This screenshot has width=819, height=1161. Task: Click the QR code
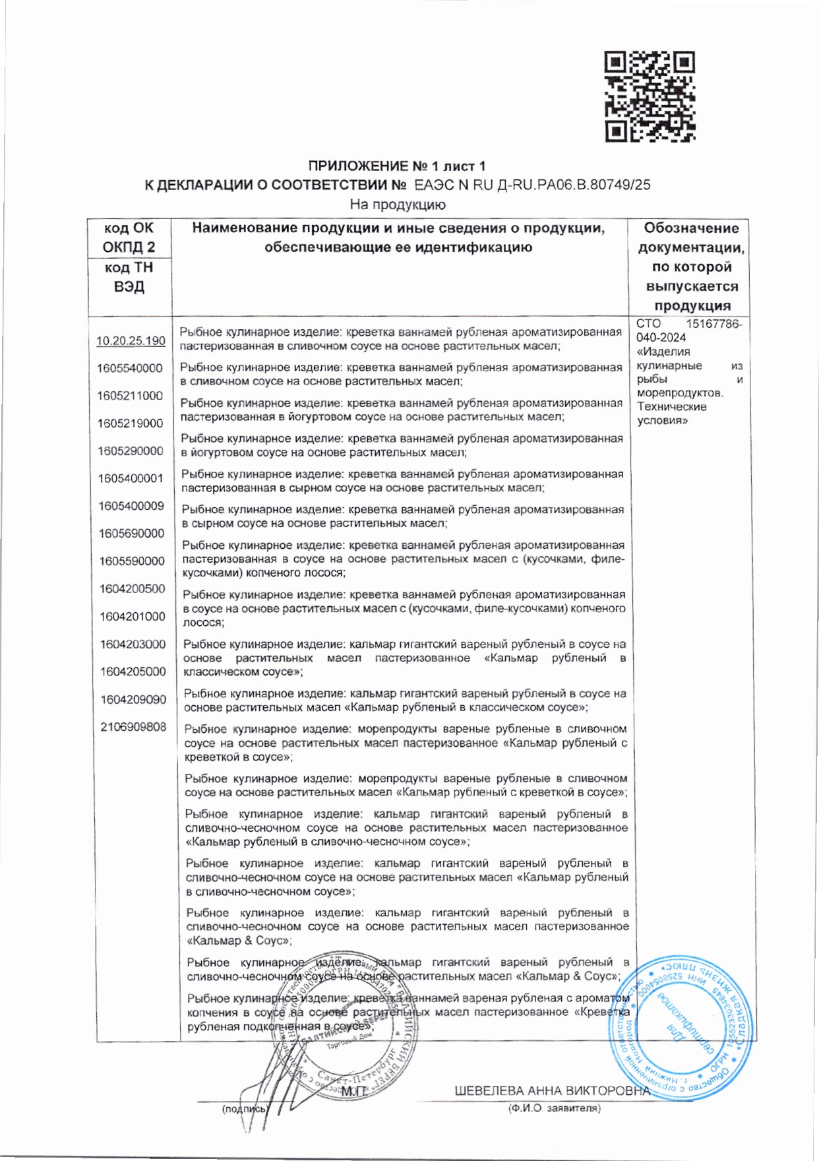click(x=650, y=96)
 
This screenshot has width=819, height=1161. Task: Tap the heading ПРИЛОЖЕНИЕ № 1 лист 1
click(x=397, y=166)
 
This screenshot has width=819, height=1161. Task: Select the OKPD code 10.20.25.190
click(x=131, y=341)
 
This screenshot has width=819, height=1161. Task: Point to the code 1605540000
click(x=129, y=368)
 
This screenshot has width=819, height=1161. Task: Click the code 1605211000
click(x=130, y=396)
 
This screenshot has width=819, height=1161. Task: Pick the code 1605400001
click(x=131, y=478)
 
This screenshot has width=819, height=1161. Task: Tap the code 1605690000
click(x=131, y=534)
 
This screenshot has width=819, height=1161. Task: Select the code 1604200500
click(x=132, y=588)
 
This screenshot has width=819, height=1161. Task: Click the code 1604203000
click(x=133, y=644)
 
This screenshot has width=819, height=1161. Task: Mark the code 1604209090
click(x=133, y=699)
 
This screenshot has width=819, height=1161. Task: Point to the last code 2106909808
click(x=133, y=727)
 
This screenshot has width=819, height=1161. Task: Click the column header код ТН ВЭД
click(x=129, y=277)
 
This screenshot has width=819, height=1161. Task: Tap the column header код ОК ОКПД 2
click(x=129, y=237)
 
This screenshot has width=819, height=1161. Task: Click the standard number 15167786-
click(x=713, y=324)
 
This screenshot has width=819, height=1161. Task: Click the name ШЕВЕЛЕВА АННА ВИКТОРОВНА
click(x=552, y=1090)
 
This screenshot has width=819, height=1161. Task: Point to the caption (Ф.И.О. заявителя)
click(x=554, y=1109)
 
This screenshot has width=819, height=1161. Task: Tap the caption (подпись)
click(x=244, y=1109)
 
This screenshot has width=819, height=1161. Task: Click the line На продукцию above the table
click(x=397, y=204)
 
